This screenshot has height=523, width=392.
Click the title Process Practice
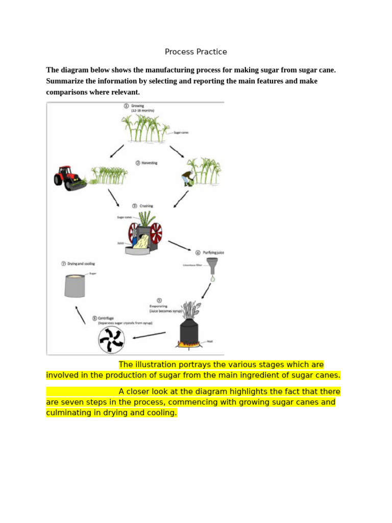(195, 52)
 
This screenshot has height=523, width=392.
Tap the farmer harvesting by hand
(188, 178)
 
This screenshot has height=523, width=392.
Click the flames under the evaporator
(189, 344)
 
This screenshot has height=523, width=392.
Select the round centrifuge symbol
(112, 340)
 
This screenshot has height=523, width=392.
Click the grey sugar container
(75, 286)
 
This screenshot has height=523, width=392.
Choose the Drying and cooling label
(78, 264)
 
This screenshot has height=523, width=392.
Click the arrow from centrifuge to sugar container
(80, 315)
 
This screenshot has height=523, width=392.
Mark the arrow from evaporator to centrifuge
(149, 336)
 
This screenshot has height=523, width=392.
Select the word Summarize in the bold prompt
(67, 81)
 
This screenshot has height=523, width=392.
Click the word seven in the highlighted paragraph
(72, 402)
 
